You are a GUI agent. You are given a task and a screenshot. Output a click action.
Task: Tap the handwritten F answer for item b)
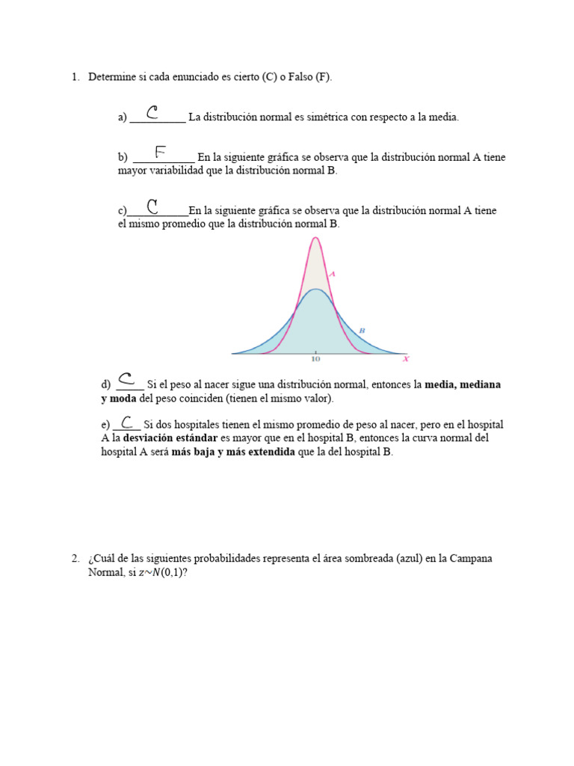(160, 153)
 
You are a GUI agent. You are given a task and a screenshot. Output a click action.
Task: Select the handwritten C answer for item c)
(152, 206)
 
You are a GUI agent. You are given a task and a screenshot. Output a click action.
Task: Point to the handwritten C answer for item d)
(126, 379)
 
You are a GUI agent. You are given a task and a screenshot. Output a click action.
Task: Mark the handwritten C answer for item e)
(127, 423)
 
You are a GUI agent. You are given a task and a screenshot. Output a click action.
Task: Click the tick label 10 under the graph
(315, 360)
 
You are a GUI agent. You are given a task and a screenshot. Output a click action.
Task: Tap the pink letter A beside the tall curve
(332, 275)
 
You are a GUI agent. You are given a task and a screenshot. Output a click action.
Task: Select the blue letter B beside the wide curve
(362, 330)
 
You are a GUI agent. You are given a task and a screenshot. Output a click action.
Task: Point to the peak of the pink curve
(315, 238)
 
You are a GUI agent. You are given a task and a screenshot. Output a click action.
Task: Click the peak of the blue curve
(316, 289)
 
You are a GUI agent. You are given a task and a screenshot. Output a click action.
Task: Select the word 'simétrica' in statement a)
(312, 117)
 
